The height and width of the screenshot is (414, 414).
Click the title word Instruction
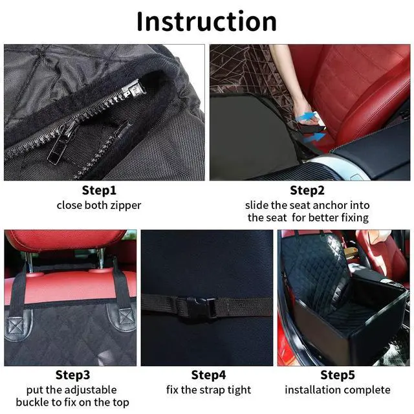[x=206, y=21]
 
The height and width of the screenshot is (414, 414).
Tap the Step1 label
[x=99, y=190]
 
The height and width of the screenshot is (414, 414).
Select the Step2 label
[x=307, y=190]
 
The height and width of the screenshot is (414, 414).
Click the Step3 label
[x=72, y=375]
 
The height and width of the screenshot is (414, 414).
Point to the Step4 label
[x=208, y=375]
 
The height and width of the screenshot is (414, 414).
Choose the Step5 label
[x=338, y=375]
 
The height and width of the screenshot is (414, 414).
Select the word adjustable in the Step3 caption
[x=91, y=390]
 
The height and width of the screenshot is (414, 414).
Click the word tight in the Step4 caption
[x=239, y=390]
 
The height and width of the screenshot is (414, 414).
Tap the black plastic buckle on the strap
[x=201, y=307]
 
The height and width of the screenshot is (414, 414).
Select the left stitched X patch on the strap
[x=16, y=326]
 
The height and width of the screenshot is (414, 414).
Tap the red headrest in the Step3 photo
[x=65, y=239]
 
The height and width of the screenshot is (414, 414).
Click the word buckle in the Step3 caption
[x=32, y=402]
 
